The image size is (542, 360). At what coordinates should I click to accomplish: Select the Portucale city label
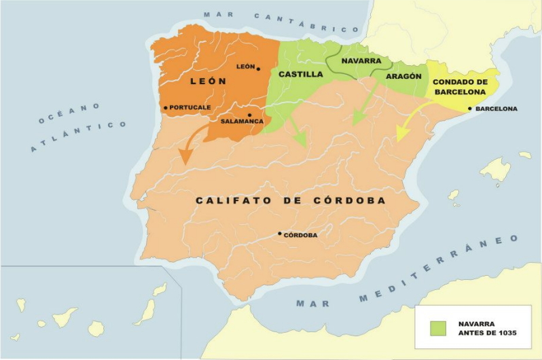pyautogui.click(x=189, y=107)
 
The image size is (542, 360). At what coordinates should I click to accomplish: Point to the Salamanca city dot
pyautogui.click(x=250, y=115)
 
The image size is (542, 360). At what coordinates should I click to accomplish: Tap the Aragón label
pyautogui.click(x=403, y=76)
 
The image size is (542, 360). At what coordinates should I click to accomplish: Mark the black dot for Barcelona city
pyautogui.click(x=471, y=109)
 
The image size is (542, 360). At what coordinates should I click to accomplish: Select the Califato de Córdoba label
pyautogui.click(x=291, y=200)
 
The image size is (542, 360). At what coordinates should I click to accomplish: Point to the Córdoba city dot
pyautogui.click(x=280, y=234)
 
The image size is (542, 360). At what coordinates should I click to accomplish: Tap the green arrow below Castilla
pyautogui.click(x=296, y=131)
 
